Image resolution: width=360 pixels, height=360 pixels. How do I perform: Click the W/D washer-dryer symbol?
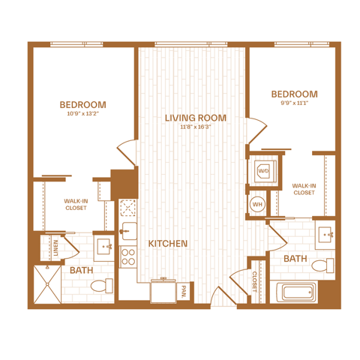click(x=265, y=171)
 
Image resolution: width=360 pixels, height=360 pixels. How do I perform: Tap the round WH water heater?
click(x=257, y=204)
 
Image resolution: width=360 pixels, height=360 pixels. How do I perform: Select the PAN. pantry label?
click(x=183, y=292)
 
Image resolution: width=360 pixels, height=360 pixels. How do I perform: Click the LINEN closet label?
click(x=55, y=247)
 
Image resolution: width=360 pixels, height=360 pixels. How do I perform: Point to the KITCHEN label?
click(x=168, y=244)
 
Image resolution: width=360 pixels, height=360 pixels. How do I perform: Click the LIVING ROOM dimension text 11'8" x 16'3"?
click(x=196, y=127)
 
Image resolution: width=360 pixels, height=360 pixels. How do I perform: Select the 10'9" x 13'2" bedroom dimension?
click(x=83, y=113)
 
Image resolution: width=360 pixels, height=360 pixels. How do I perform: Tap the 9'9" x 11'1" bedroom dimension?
click(x=295, y=103)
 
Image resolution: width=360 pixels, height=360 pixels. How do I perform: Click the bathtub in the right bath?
click(x=297, y=292)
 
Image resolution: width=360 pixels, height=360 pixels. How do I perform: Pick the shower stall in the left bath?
click(x=47, y=284)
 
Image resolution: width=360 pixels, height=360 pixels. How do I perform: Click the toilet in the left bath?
click(x=102, y=286)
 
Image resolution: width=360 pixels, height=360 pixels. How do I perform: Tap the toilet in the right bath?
click(x=322, y=265)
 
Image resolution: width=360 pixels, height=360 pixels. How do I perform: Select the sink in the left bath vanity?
click(x=104, y=247)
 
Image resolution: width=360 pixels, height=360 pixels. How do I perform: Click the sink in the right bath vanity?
click(x=325, y=235)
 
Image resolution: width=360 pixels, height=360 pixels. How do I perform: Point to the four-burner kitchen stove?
click(x=127, y=257)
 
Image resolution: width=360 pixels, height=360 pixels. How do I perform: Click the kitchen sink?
click(x=128, y=231)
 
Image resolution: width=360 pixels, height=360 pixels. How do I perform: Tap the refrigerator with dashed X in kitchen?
click(x=127, y=208)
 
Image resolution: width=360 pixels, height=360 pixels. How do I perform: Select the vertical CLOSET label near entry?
click(x=254, y=282)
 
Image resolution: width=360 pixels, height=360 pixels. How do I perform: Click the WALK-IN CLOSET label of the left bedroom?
click(x=76, y=205)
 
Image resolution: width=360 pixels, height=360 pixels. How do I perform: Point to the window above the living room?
click(x=191, y=44)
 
